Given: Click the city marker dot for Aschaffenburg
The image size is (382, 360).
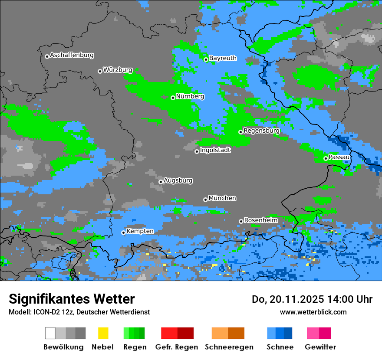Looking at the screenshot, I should (47, 56).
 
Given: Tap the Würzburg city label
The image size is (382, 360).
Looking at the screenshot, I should (118, 70).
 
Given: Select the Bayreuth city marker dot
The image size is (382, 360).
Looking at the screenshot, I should (206, 59).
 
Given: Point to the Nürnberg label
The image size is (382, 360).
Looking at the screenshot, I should (190, 96).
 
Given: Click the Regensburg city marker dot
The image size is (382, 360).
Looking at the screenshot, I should (240, 132).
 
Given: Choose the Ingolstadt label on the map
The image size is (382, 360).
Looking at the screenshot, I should (215, 150).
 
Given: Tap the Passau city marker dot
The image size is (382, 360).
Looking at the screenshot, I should (326, 158).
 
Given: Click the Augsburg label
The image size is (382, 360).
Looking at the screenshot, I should (178, 180).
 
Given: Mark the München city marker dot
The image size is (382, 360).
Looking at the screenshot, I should (205, 200).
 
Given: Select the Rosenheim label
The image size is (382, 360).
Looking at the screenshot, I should (260, 220).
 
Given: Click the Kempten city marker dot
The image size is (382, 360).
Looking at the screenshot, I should (123, 232).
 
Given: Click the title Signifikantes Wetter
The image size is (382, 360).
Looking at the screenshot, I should (72, 299).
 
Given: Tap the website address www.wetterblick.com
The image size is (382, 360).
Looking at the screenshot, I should (313, 312).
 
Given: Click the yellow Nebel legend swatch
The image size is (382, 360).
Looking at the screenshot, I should (103, 333).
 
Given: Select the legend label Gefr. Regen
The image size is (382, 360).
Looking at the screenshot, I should (177, 347).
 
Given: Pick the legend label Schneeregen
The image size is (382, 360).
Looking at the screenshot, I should (229, 347).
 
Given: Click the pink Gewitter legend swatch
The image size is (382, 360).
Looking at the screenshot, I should (313, 333).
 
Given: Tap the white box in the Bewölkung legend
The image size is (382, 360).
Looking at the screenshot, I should (50, 333).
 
